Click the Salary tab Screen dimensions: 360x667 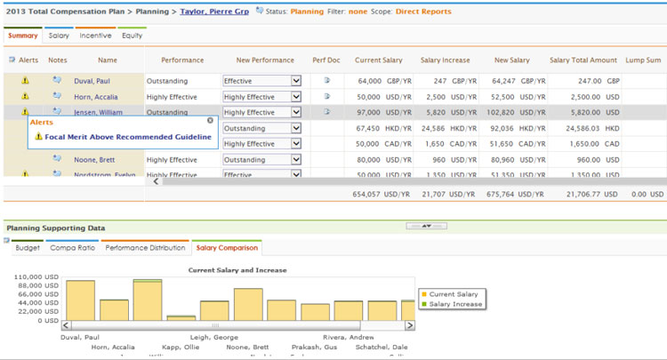[59, 36]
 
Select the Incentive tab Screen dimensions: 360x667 [95, 36]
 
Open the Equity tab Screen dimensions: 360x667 [132, 36]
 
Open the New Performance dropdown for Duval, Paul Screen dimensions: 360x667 [296, 81]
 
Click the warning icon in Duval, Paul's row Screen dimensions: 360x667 [25, 81]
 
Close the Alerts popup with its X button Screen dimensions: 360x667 [210, 120]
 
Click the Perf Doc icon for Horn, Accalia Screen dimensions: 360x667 [326, 97]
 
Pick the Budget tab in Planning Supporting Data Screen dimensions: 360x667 [28, 248]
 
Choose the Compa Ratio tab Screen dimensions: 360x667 [73, 248]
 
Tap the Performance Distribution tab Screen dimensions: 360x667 [145, 248]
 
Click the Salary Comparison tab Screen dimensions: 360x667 [226, 248]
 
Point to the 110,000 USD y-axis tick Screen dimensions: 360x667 [36, 277]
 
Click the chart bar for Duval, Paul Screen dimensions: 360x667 [80, 300]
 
